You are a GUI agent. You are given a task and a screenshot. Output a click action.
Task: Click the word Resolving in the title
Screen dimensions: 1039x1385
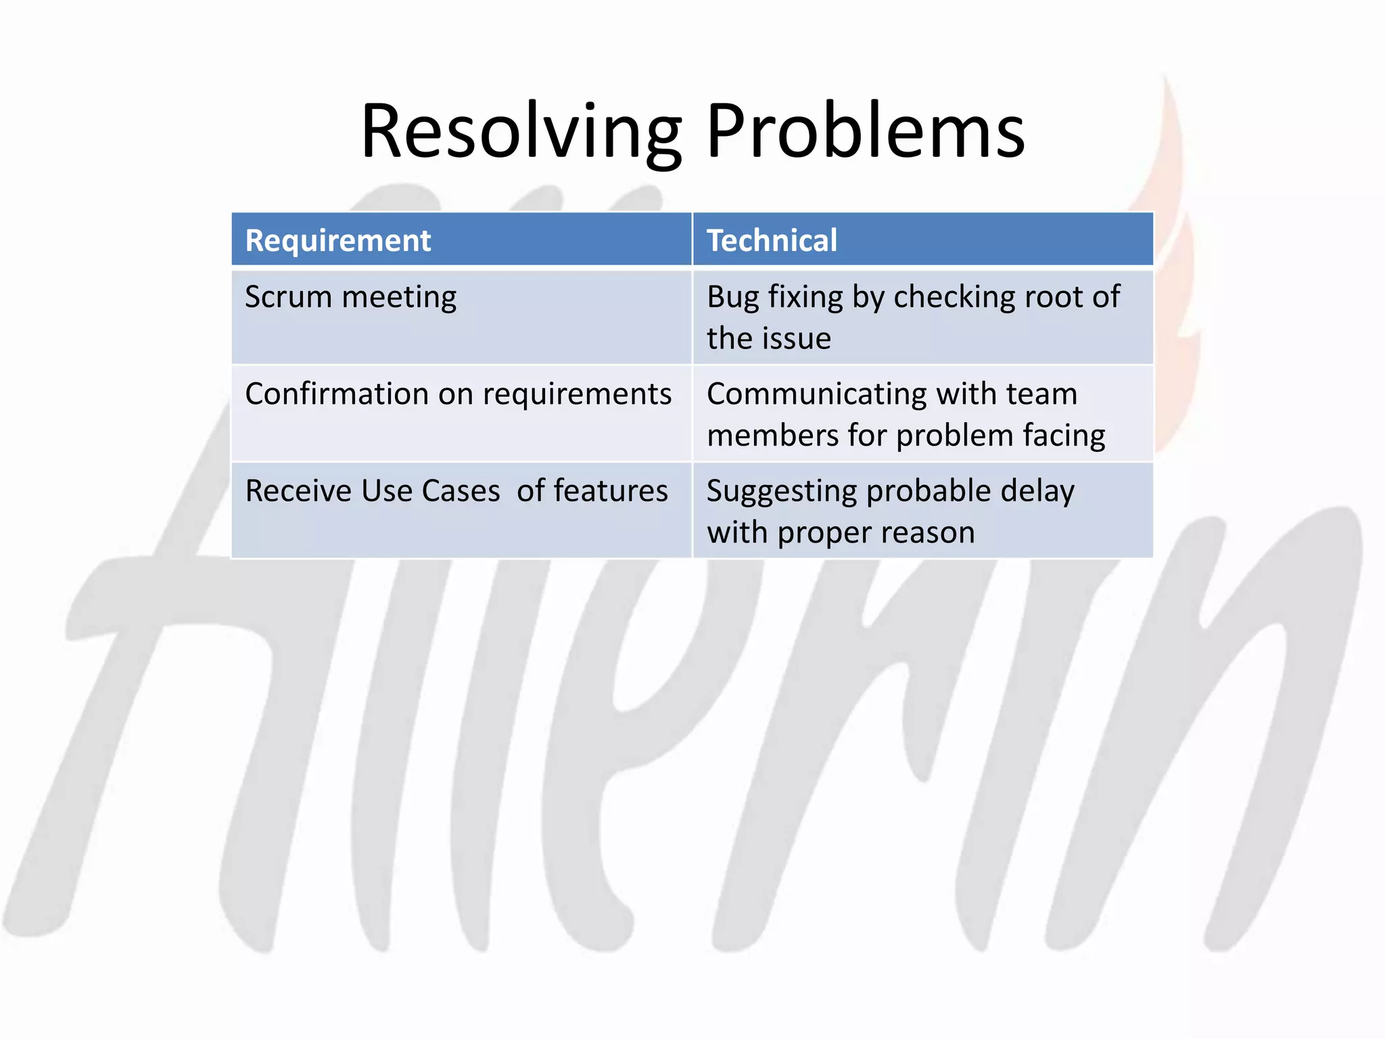point(521,132)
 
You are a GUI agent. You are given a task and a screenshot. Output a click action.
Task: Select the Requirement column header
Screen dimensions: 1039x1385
point(338,241)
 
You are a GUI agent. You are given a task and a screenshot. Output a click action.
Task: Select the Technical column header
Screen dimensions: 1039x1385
point(772,241)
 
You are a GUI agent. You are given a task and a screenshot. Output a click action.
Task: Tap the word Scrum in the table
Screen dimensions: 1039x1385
point(288,297)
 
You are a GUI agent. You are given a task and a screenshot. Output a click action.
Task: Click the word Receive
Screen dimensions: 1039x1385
point(298,491)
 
